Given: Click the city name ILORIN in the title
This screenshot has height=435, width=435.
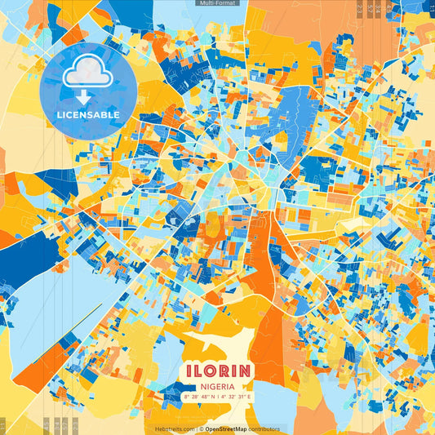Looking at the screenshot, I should pyautogui.click(x=217, y=370).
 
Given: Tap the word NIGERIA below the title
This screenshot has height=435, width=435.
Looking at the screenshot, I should pyautogui.click(x=217, y=385).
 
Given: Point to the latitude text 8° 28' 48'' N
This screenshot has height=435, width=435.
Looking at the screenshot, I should pyautogui.click(x=198, y=397).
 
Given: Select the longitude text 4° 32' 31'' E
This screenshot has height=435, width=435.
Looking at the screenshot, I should pyautogui.click(x=238, y=397).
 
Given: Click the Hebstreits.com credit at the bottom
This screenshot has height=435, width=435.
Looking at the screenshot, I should pyautogui.click(x=175, y=428).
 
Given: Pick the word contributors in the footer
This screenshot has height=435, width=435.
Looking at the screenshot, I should pyautogui.click(x=264, y=428).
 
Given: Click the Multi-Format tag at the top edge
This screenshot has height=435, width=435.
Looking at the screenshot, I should pyautogui.click(x=217, y=3).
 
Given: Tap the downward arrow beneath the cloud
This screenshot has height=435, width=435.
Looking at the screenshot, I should pyautogui.click(x=87, y=96).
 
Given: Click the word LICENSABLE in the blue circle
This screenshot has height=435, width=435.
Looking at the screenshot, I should pyautogui.click(x=87, y=115).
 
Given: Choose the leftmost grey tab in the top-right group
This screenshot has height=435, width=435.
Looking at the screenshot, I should pyautogui.click(x=360, y=9).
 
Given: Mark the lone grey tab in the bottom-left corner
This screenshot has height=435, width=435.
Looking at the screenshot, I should pyautogui.click(x=2, y=425).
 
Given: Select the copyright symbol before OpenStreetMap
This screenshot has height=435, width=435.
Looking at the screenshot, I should pyautogui.click(x=201, y=428).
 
